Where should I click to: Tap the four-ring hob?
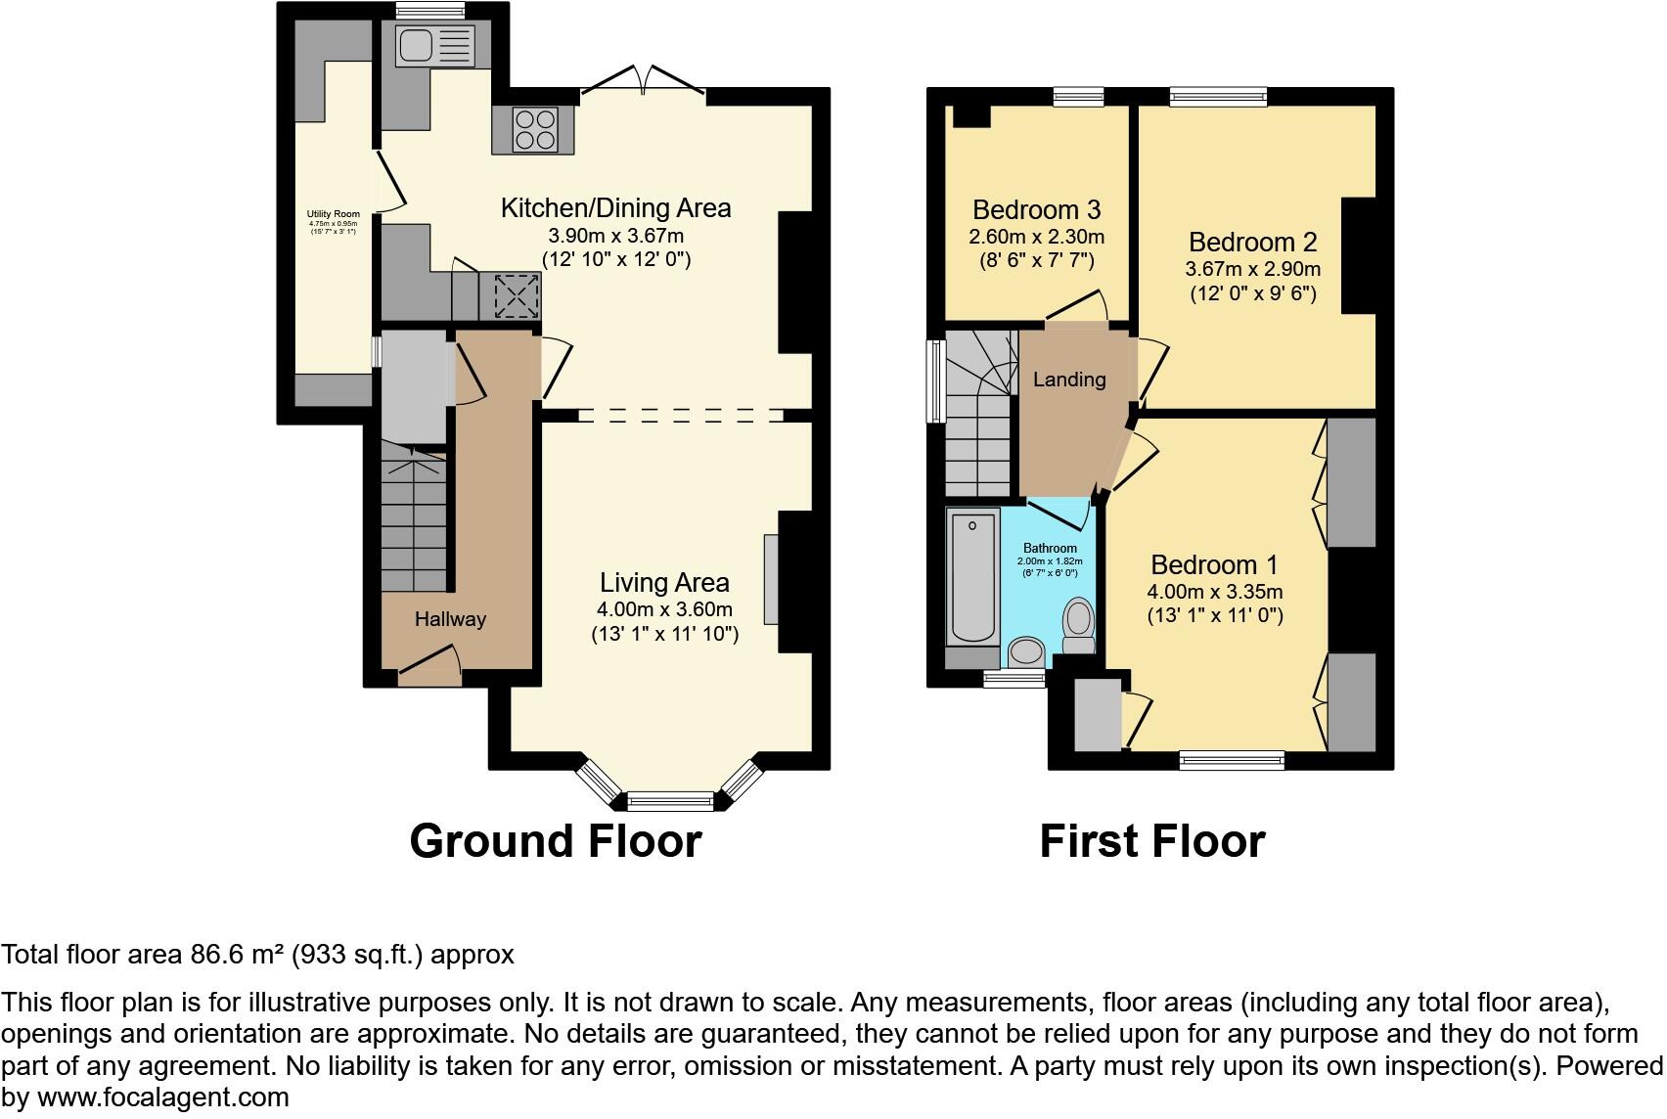(x=533, y=130)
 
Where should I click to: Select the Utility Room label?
(x=334, y=214)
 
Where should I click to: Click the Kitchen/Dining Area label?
(x=615, y=208)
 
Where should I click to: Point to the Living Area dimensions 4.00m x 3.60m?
(x=664, y=609)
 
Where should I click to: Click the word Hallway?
(x=450, y=619)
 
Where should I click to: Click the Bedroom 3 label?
(x=1036, y=210)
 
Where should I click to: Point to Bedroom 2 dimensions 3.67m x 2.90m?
(x=1252, y=269)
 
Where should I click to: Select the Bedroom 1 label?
(x=1214, y=565)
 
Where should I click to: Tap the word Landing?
(x=1068, y=380)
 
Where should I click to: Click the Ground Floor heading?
(x=555, y=841)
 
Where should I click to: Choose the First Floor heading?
(x=1151, y=841)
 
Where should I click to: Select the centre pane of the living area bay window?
(x=670, y=802)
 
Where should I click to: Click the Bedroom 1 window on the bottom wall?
(x=1231, y=760)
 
